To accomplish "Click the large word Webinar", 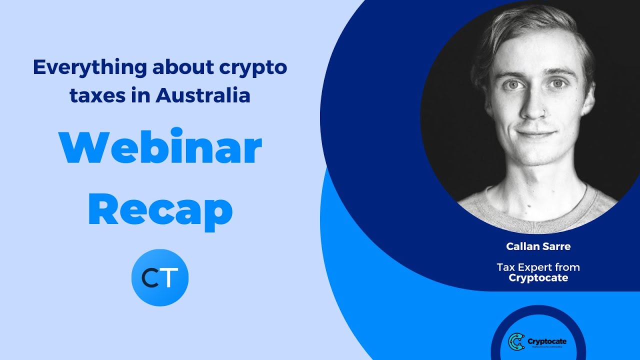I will coord(160,148).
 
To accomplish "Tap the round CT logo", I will coord(160,277).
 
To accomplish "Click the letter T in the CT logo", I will coord(170,278).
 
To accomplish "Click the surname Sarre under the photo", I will coord(557,246).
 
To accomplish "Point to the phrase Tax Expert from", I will coord(538,267).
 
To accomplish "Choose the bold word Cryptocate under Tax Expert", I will coord(538,278).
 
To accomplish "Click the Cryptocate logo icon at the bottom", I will coord(516,341).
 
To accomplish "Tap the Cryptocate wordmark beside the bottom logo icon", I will coord(547,341).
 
